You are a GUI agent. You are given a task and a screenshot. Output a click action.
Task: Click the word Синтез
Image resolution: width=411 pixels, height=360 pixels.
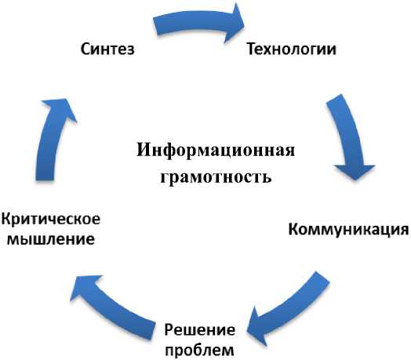point(107,49)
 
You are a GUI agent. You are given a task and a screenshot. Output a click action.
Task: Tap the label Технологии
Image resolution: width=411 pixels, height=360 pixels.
point(292,49)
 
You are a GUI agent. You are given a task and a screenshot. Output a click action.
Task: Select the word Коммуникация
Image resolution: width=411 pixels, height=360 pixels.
point(348,230)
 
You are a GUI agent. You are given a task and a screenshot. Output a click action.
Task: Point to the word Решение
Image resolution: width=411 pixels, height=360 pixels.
point(200,330)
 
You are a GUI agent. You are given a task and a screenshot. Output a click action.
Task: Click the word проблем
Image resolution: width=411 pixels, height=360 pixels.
point(199,350)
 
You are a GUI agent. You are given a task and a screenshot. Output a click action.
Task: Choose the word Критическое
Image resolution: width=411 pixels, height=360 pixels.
point(51,219)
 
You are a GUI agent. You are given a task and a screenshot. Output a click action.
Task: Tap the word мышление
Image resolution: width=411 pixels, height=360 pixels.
point(50,239)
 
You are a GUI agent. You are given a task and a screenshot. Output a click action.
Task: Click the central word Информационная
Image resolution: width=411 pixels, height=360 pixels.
point(216,151)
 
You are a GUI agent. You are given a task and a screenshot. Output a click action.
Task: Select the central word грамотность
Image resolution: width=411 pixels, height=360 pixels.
point(216,177)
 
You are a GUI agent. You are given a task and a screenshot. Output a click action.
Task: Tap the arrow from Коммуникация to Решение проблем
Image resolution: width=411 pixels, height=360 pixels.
point(289,309)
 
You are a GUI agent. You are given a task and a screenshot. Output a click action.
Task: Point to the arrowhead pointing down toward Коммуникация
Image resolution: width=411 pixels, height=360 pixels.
point(355,172)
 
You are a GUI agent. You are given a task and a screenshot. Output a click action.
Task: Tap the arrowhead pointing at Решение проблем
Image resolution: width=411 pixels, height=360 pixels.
point(257,326)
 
